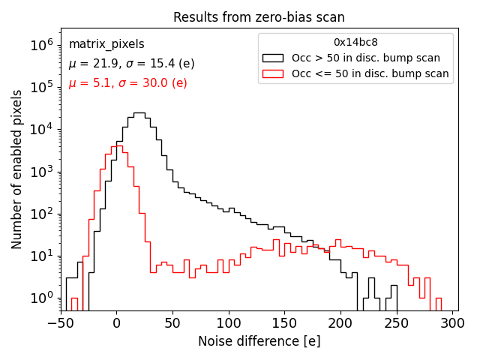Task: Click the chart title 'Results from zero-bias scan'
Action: (x=259, y=17)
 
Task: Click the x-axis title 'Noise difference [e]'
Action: (x=259, y=341)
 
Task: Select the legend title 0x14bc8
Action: (x=355, y=42)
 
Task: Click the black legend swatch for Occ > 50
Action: (x=274, y=58)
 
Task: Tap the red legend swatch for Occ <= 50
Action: (x=274, y=73)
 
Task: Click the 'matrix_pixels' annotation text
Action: (x=106, y=44)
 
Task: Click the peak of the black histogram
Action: (x=139, y=113)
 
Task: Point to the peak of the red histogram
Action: (x=116, y=145)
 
